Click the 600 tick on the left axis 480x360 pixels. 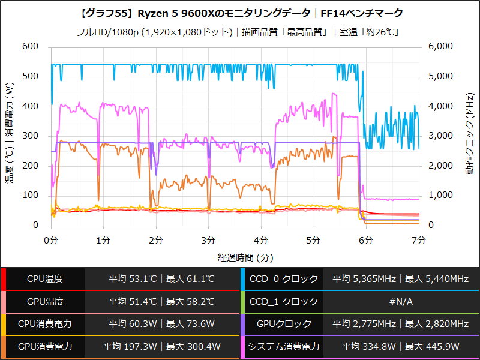point(29,47)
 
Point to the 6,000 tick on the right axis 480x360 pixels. point(443,47)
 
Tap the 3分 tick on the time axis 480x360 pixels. point(208,241)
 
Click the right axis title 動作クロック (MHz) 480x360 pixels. point(470,135)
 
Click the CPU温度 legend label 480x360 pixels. point(44,279)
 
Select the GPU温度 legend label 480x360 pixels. point(44,302)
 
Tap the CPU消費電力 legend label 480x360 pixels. point(44,324)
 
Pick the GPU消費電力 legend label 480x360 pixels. point(44,347)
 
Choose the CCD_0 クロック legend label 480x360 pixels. point(284,279)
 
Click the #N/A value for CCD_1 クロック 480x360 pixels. point(401,302)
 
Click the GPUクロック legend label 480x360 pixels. point(284,324)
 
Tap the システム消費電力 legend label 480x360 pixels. point(284,347)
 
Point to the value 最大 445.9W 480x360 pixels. point(435,347)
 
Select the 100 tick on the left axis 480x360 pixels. point(29,196)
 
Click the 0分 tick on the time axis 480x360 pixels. point(51,241)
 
